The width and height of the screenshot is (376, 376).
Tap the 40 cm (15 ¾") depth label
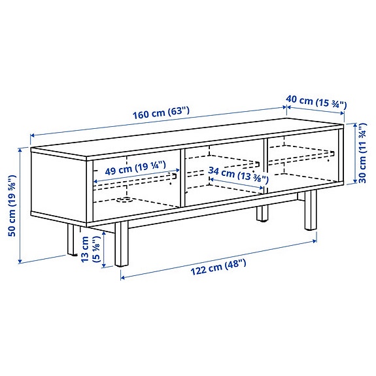[316, 102]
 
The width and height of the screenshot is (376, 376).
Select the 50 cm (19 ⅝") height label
[12, 206]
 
